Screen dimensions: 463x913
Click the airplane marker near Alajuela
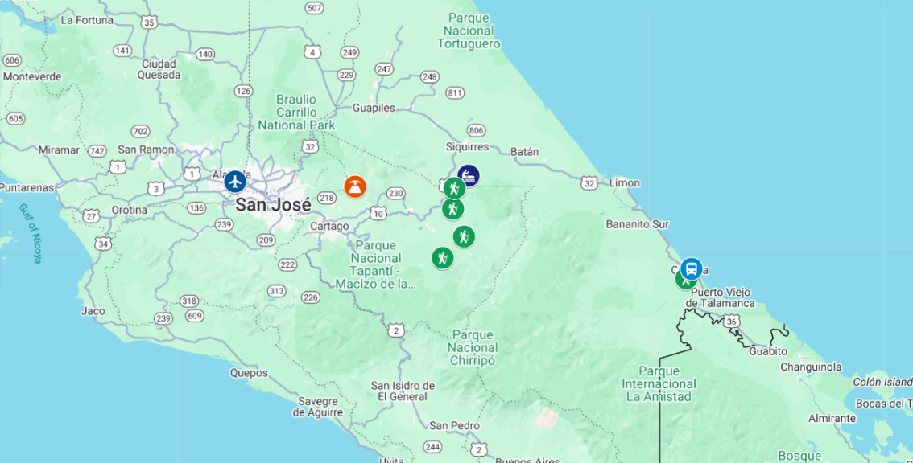click(x=234, y=181)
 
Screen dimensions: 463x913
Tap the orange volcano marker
click(x=354, y=186)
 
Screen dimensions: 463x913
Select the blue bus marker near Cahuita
click(x=691, y=268)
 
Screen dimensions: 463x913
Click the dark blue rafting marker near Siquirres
click(x=469, y=175)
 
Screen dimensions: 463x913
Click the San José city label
click(x=273, y=204)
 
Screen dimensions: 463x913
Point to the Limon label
click(x=624, y=183)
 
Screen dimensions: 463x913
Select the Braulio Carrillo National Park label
click(x=296, y=112)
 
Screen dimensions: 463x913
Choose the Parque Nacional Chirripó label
click(x=473, y=347)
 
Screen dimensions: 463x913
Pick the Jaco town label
click(x=93, y=310)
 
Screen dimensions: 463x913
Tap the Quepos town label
click(x=248, y=373)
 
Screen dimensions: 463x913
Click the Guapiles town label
click(x=374, y=107)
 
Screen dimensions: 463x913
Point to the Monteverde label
click(x=33, y=76)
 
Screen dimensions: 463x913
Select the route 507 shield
click(x=315, y=8)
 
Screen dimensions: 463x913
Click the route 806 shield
click(x=476, y=130)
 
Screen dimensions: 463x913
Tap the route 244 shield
click(x=433, y=447)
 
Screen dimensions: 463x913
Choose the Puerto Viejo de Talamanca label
click(x=721, y=297)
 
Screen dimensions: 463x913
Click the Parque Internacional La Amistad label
click(x=659, y=383)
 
